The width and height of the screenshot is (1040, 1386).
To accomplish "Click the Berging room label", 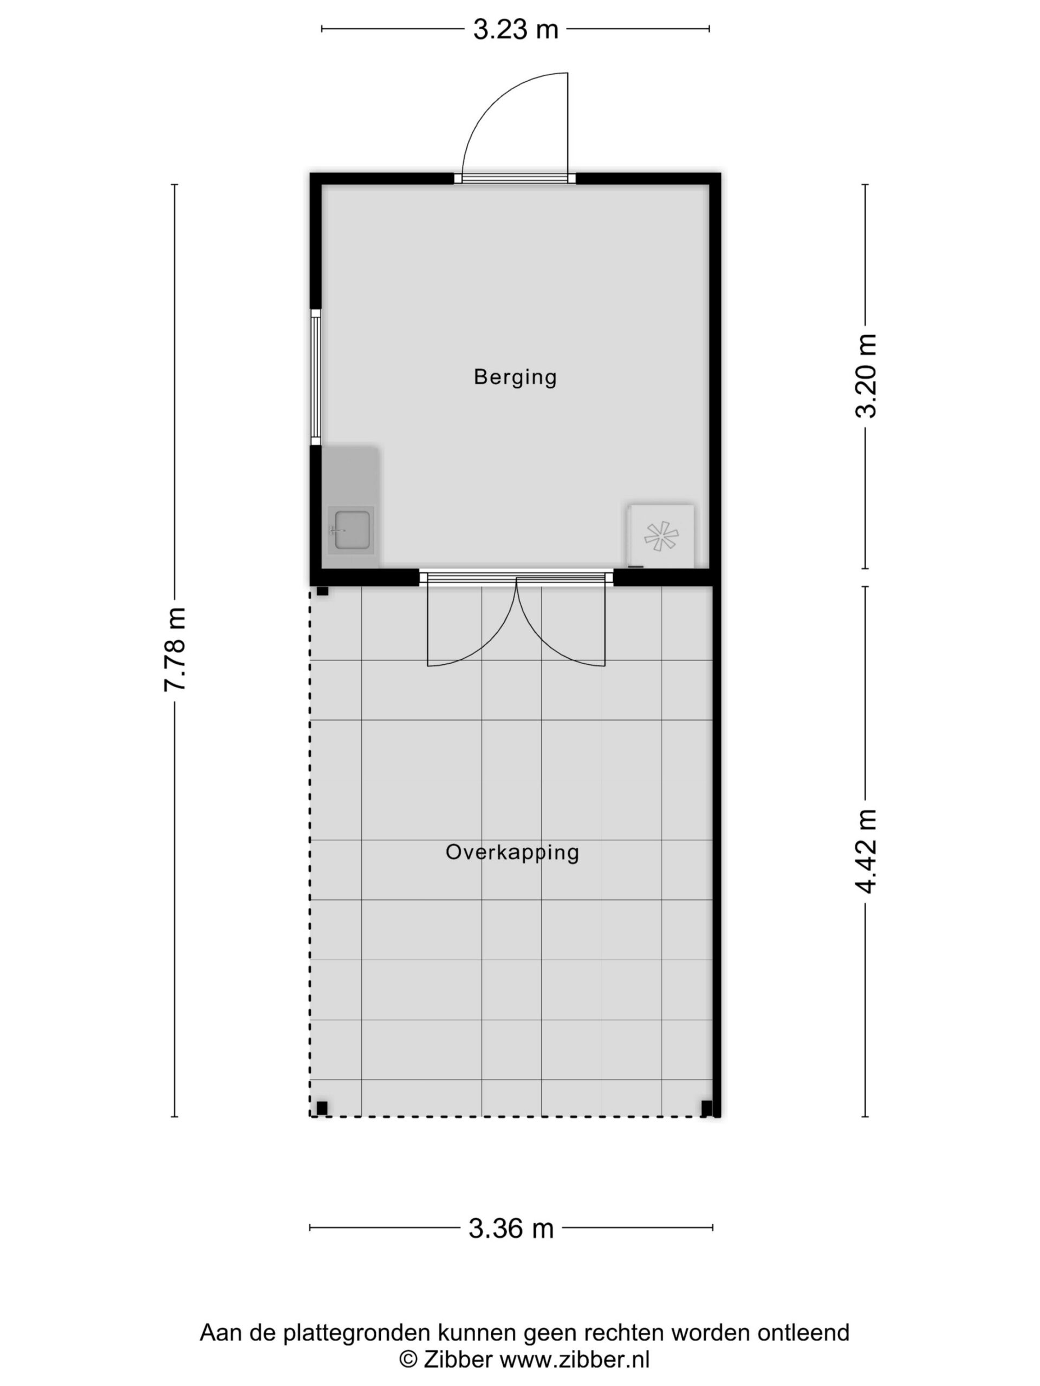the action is [x=515, y=377].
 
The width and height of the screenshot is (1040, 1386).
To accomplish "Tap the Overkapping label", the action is [x=512, y=853].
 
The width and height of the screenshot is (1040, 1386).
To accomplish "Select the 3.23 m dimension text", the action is [x=515, y=29].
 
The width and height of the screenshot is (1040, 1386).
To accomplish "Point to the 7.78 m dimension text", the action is [x=175, y=650].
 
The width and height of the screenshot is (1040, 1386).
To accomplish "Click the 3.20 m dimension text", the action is [x=866, y=376].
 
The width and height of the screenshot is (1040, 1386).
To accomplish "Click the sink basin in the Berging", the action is [x=351, y=530].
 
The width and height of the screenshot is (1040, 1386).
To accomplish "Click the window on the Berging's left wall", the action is [x=316, y=377].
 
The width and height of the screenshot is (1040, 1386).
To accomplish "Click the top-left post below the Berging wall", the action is [x=322, y=591].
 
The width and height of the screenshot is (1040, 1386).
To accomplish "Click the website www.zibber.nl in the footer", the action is [x=574, y=1359].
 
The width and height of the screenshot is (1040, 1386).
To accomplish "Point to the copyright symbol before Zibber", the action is [x=408, y=1359].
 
